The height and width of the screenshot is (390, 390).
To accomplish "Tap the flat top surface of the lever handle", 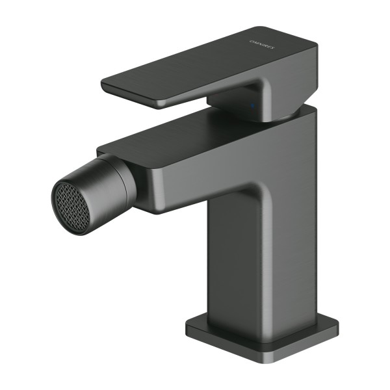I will (x=208, y=65).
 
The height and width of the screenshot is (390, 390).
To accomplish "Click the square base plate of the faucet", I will (x=260, y=338).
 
